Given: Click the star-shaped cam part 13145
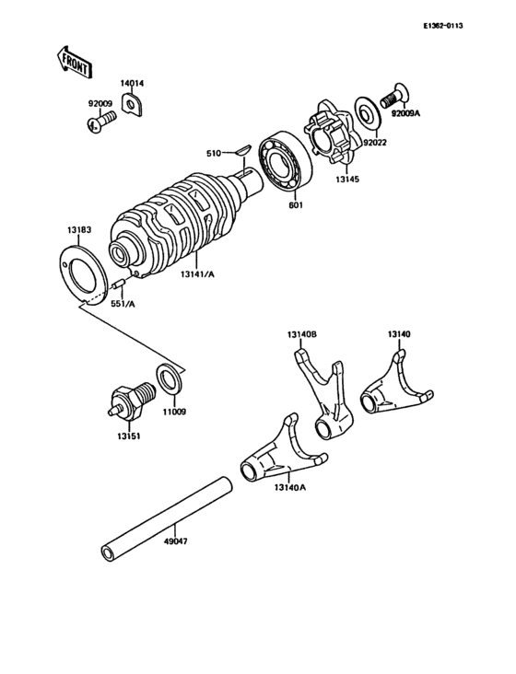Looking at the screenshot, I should pos(332,134).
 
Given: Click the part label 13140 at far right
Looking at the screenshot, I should pos(399,334).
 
